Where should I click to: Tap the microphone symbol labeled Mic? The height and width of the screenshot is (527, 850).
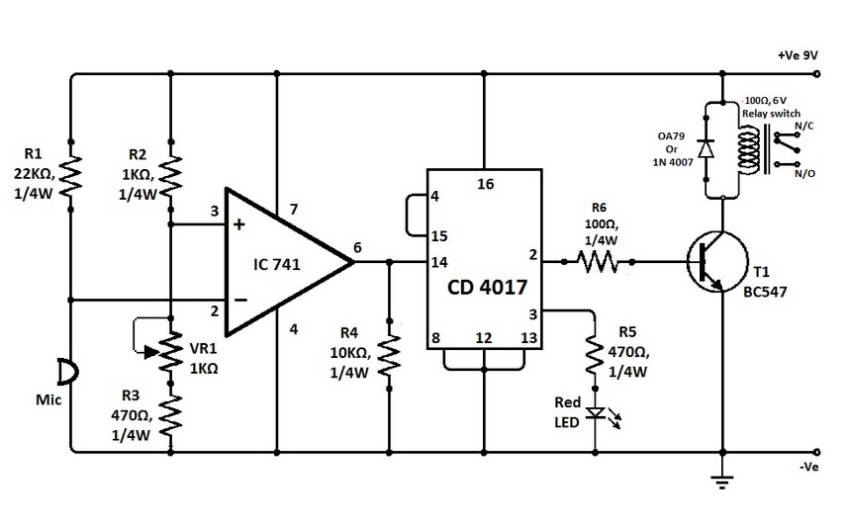(66, 373)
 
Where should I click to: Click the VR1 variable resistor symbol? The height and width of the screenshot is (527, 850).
(171, 348)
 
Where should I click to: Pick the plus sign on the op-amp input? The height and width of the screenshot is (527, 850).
(237, 224)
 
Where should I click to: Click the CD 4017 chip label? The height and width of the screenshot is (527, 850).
(485, 288)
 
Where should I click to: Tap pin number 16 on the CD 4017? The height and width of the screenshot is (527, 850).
(485, 184)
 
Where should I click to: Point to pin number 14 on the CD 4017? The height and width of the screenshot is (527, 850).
(438, 262)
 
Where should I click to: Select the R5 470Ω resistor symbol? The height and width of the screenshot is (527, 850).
(594, 358)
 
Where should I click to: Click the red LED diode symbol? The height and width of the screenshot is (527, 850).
(594, 413)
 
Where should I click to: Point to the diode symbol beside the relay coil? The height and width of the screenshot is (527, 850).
(706, 148)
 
